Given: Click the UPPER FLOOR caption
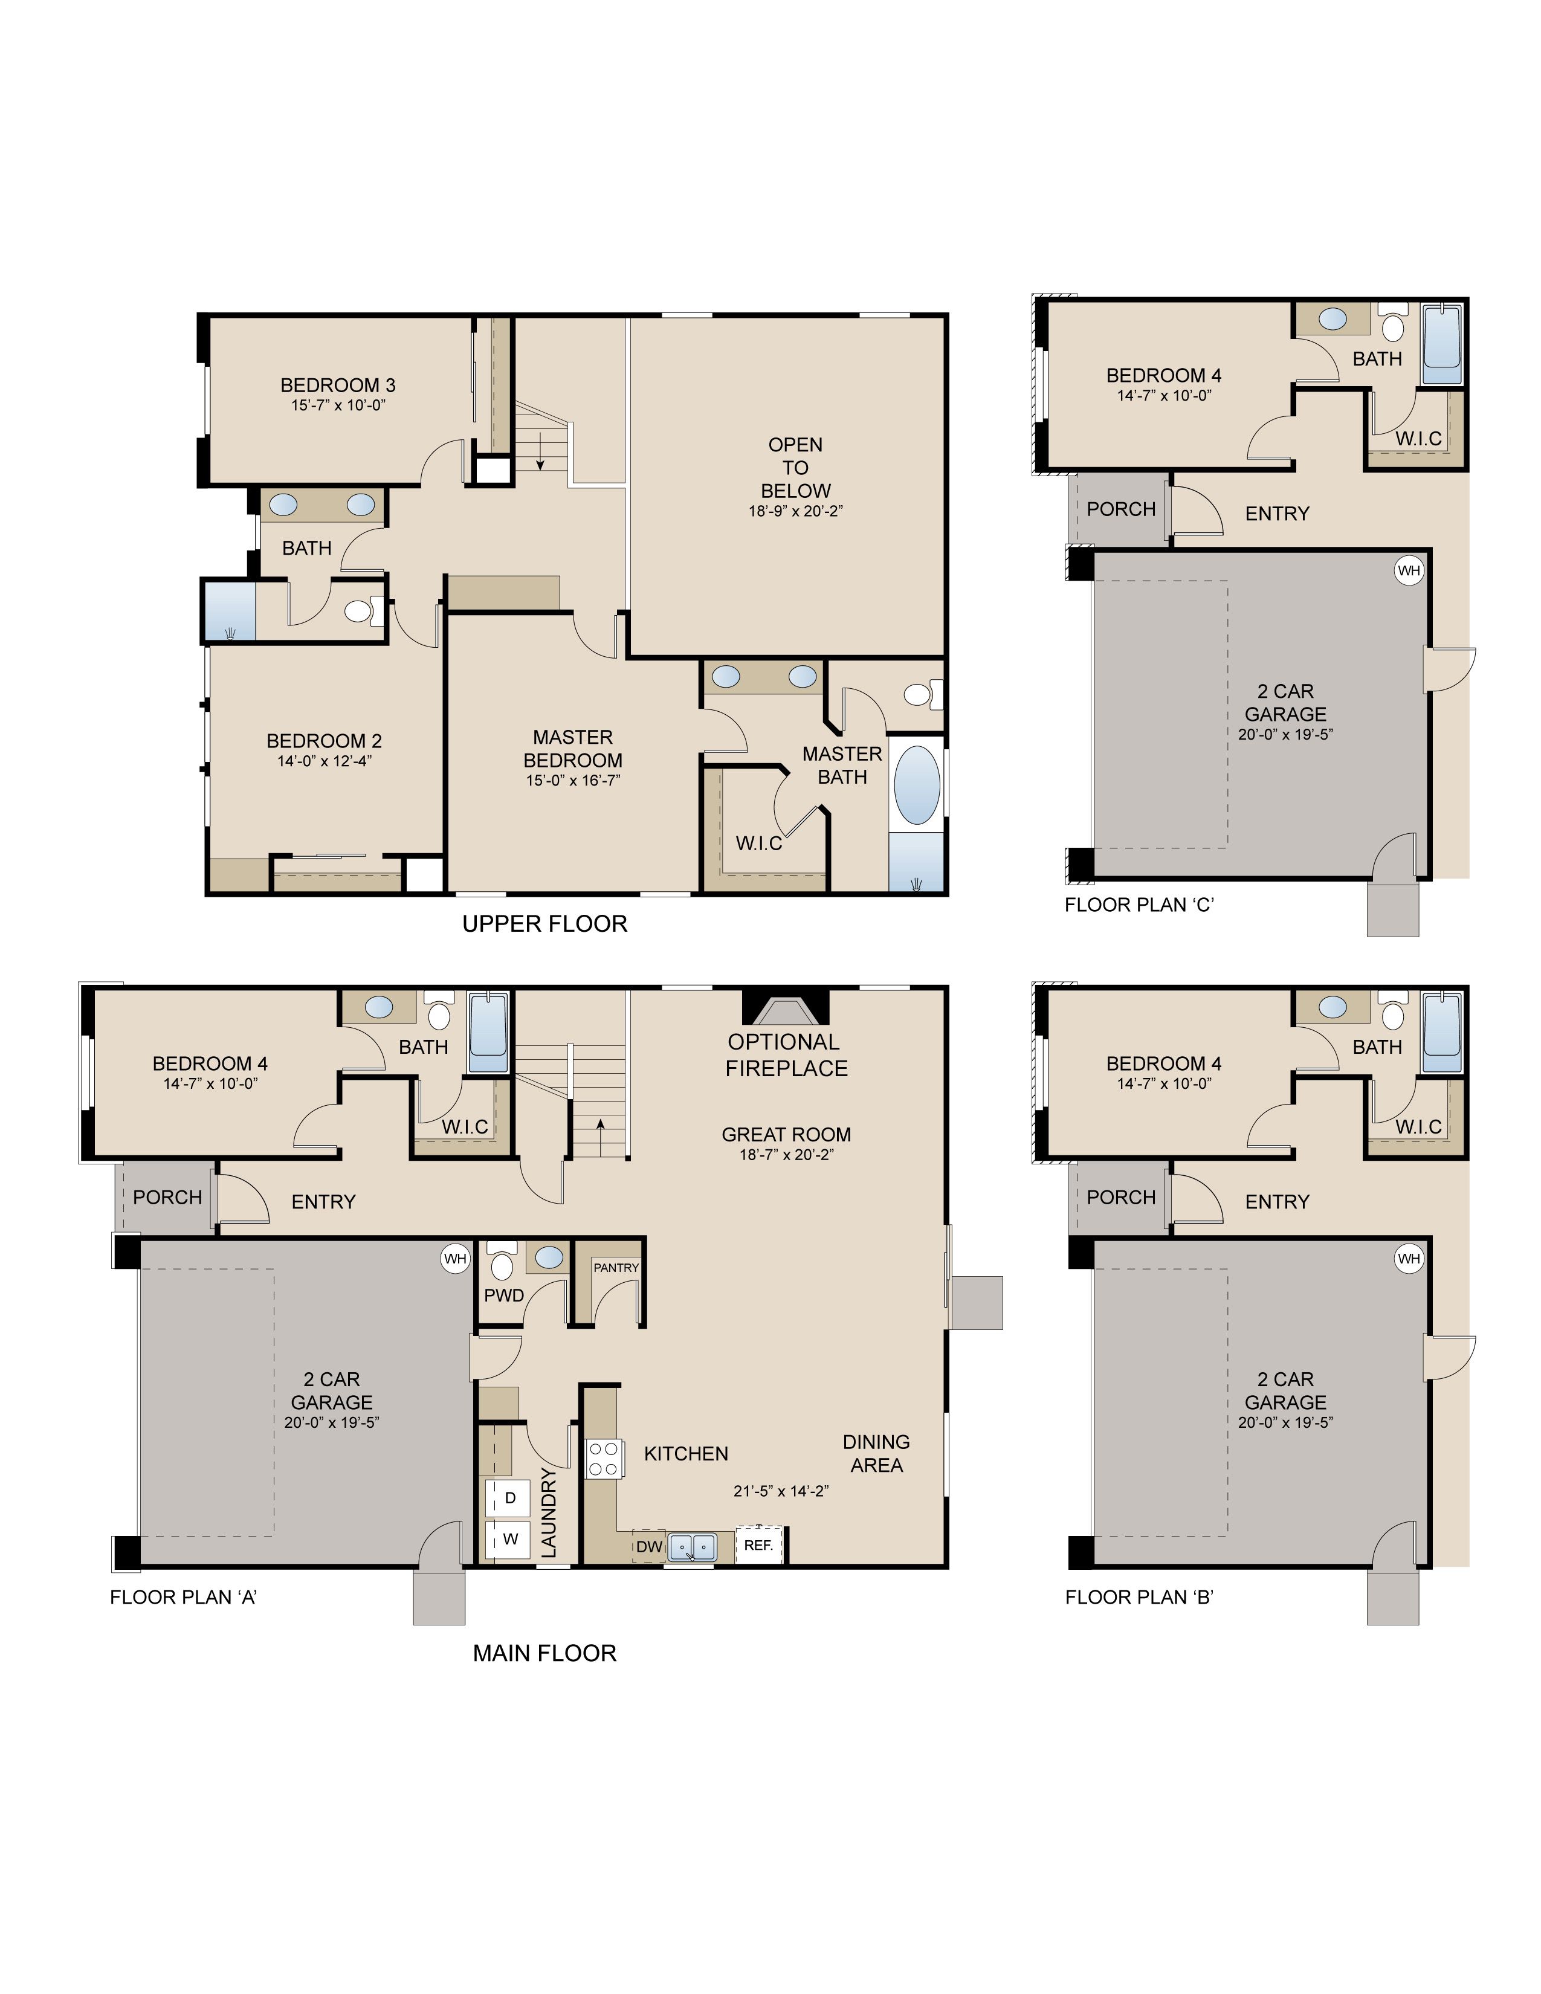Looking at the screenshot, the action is click(x=545, y=924).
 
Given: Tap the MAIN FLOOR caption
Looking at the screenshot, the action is click(x=545, y=1653).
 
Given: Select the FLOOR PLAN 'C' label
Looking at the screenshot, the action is click(x=1139, y=905).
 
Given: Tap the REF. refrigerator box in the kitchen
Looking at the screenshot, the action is click(x=758, y=1545).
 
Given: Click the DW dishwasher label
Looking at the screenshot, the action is click(x=649, y=1547).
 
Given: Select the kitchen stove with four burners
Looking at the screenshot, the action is click(x=604, y=1458).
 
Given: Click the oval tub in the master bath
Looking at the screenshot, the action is click(x=917, y=785).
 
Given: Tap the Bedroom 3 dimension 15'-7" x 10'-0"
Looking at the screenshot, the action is click(x=338, y=405).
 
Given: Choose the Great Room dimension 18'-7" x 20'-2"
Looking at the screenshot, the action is click(x=786, y=1155).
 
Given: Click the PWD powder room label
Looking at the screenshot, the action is click(x=504, y=1295).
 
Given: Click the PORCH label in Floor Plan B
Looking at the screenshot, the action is click(x=1121, y=1197).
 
